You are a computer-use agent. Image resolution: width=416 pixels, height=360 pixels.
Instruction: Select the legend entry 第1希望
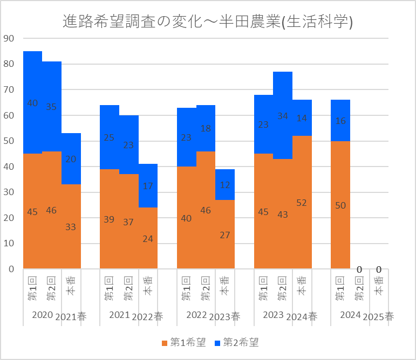click(183, 342)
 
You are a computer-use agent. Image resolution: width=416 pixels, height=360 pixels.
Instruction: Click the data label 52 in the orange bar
click(302, 203)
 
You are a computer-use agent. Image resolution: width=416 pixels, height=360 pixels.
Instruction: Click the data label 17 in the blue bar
click(148, 186)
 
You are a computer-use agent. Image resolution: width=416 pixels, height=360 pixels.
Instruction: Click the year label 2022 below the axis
click(197, 314)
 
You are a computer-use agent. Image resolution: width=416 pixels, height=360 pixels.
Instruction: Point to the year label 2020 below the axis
click(43, 314)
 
